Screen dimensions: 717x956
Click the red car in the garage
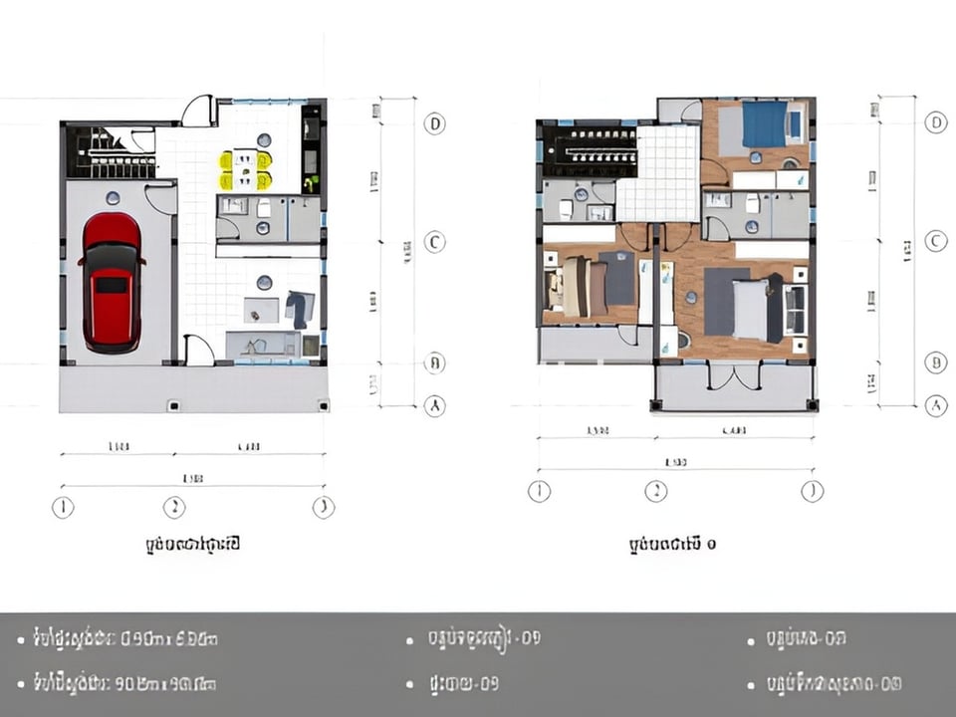point(111,283)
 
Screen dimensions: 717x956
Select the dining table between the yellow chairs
point(245,169)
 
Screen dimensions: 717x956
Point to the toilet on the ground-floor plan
point(264,208)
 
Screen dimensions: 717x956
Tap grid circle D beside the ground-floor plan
point(434,123)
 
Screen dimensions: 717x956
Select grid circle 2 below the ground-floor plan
point(174,508)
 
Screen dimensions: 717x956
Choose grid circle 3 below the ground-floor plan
point(323,508)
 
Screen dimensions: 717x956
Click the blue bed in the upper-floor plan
point(764,125)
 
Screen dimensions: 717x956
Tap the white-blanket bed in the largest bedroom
point(750,307)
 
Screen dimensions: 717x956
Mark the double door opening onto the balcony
point(733,376)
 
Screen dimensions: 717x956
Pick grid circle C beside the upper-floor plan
point(934,242)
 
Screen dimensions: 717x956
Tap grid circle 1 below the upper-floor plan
point(539,491)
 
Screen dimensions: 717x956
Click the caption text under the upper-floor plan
point(672,545)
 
